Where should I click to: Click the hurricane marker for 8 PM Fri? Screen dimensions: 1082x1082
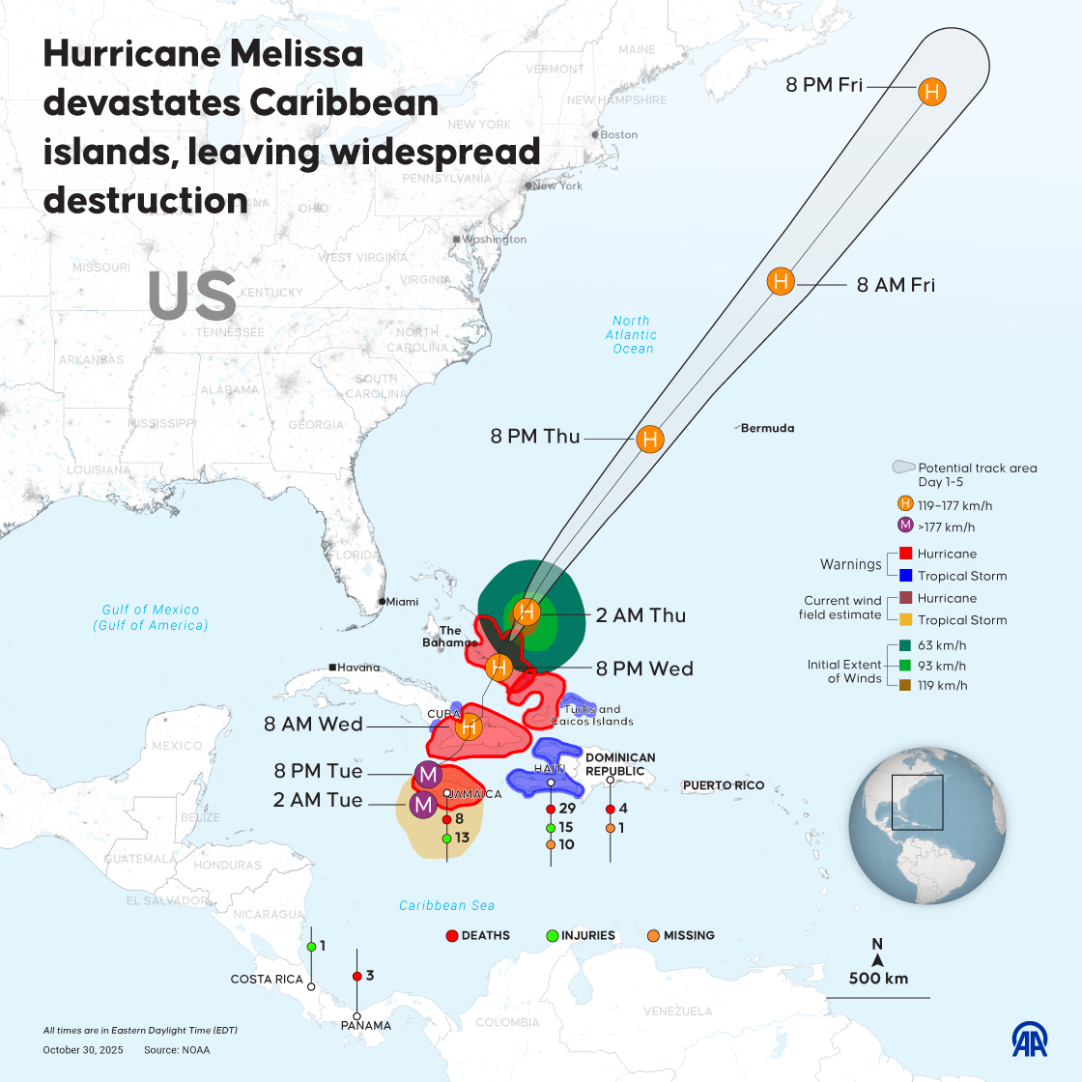pos(931,93)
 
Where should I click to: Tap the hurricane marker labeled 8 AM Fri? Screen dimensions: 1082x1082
pos(781,282)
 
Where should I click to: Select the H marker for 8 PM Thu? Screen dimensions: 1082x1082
pos(650,440)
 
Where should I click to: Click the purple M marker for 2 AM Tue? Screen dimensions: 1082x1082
pos(422,804)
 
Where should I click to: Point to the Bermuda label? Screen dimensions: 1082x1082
pos(767,428)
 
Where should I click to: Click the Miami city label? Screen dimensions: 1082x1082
pos(403,602)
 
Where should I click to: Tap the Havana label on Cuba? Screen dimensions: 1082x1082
pos(358,668)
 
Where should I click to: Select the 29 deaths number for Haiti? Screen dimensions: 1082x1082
pos(567,809)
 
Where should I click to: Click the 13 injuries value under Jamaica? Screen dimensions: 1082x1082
pos(462,838)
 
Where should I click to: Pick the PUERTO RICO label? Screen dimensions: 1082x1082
pos(724,785)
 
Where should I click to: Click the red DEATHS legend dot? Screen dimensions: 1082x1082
pos(451,935)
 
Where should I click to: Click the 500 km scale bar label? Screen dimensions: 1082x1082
pos(878,978)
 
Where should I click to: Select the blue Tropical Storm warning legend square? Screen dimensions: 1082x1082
pos(905,576)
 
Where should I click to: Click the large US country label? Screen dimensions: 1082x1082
pos(192,296)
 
